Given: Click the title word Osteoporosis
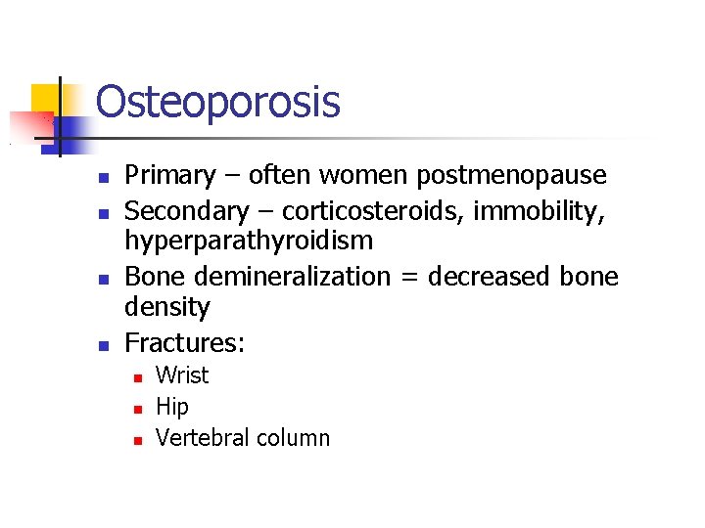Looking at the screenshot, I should pyautogui.click(x=217, y=102).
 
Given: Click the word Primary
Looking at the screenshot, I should pyautogui.click(x=169, y=176).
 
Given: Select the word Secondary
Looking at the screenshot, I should pyautogui.click(x=187, y=210).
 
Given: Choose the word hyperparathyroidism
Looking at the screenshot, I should pyautogui.click(x=249, y=242).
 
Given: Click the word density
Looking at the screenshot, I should pyautogui.click(x=166, y=308).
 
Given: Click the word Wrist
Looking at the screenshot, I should pyautogui.click(x=182, y=375).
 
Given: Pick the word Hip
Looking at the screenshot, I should pyautogui.click(x=171, y=407).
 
